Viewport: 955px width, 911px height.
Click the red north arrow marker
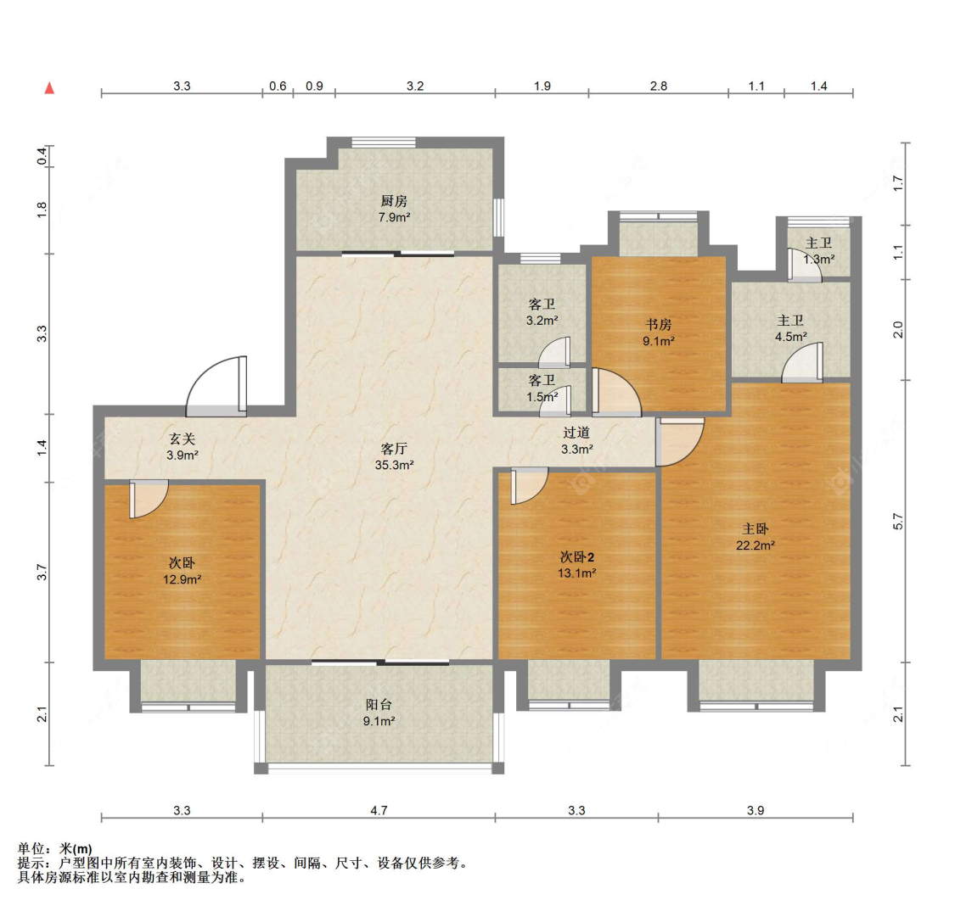click(x=49, y=88)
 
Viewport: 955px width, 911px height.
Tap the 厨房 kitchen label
click(x=394, y=201)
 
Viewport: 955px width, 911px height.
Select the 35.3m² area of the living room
click(x=394, y=465)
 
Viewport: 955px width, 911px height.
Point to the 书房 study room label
click(x=659, y=325)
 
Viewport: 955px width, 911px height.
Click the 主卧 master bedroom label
click(x=756, y=529)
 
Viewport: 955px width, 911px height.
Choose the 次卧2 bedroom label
click(x=576, y=556)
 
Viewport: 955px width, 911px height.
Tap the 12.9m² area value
click(x=183, y=579)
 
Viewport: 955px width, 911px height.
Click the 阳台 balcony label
click(x=379, y=705)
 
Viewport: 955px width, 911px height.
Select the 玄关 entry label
click(x=183, y=439)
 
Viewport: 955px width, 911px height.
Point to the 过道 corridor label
click(x=576, y=433)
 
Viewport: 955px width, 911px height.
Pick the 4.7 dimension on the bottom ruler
click(x=379, y=810)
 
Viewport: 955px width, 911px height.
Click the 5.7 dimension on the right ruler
click(x=898, y=522)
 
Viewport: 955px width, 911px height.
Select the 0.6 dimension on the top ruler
click(x=278, y=86)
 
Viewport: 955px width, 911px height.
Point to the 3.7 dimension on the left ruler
click(x=42, y=572)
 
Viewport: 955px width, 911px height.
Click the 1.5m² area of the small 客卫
click(x=542, y=397)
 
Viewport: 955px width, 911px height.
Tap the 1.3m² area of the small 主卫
click(x=818, y=260)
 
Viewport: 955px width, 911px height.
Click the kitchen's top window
click(x=384, y=143)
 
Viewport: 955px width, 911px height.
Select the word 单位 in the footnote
click(x=31, y=848)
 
